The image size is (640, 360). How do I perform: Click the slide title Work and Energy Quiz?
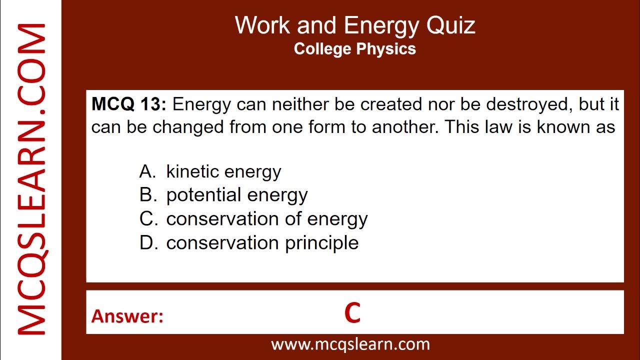pyautogui.click(x=355, y=25)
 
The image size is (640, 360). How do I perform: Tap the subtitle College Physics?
pyautogui.click(x=355, y=49)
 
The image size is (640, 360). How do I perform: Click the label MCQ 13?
pyautogui.click(x=128, y=104)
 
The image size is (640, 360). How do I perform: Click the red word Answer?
pyautogui.click(x=127, y=316)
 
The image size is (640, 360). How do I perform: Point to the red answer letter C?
pyautogui.click(x=352, y=313)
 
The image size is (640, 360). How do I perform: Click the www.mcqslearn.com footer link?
pyautogui.click(x=350, y=344)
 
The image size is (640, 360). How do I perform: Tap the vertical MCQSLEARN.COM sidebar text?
pyautogui.click(x=31, y=180)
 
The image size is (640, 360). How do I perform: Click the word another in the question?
pyautogui.click(x=405, y=127)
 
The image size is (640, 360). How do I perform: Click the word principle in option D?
pyautogui.click(x=322, y=243)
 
